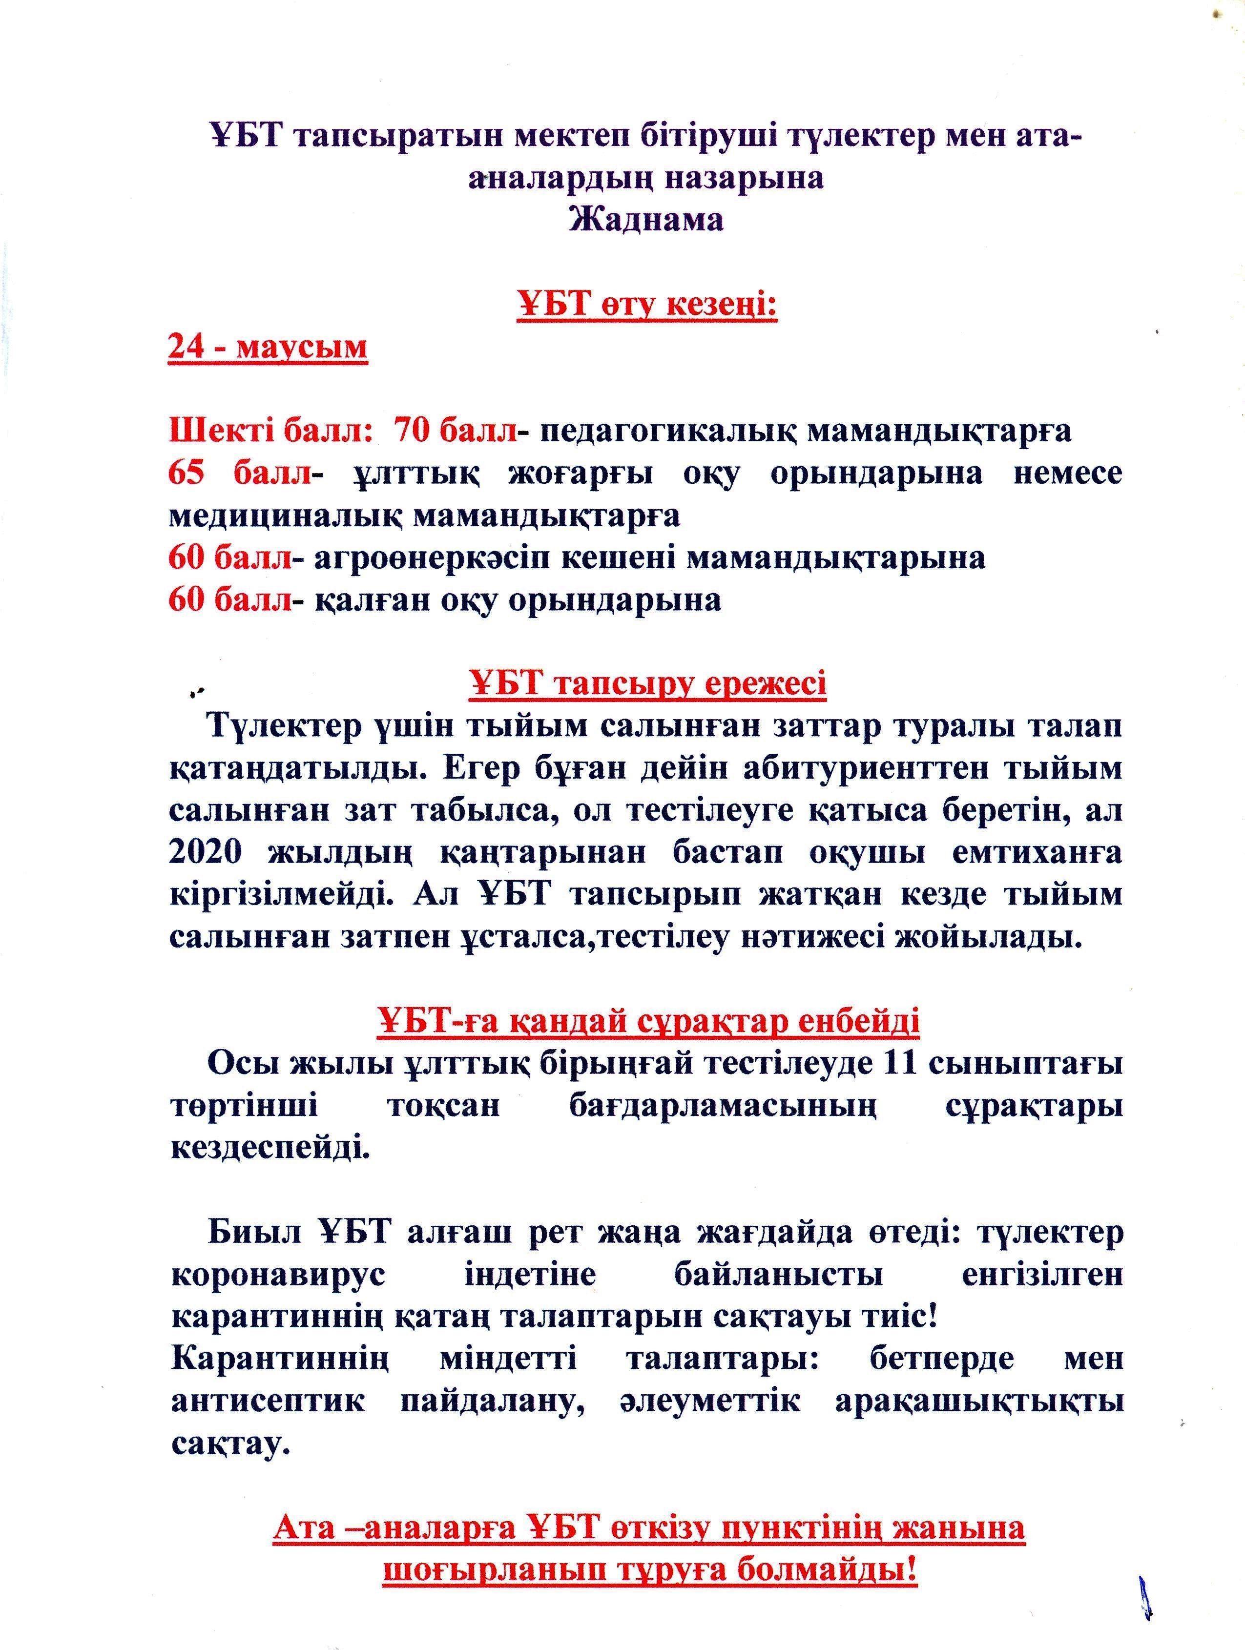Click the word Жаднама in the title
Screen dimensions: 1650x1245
point(645,221)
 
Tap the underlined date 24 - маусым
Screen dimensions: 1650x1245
point(268,348)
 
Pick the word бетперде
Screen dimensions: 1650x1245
point(941,1359)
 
